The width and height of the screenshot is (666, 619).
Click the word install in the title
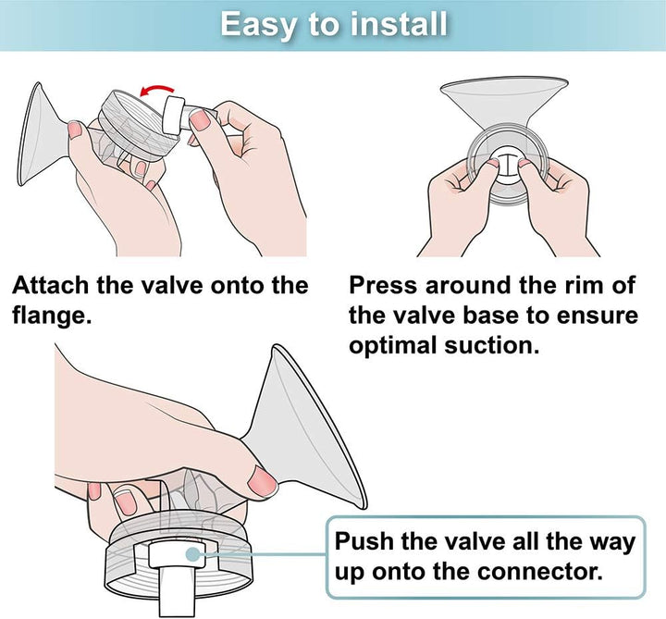point(399,24)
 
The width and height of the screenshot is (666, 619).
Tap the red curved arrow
point(156,90)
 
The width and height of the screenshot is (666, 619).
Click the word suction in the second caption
point(491,345)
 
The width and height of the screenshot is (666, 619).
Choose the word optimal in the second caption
point(393,346)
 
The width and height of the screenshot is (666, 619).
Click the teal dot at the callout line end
point(192,554)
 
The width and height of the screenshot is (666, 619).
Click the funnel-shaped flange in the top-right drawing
point(504,102)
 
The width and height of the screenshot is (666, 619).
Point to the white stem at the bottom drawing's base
point(177,591)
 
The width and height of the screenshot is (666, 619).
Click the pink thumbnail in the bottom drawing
point(262,482)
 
